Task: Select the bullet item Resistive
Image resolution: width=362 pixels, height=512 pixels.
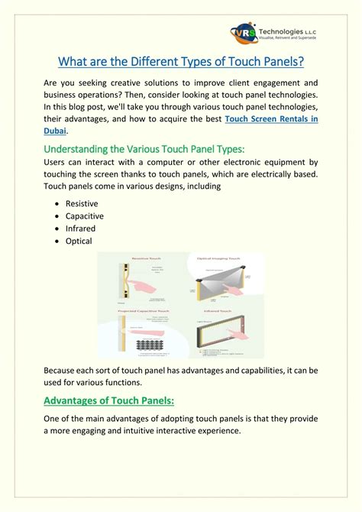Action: pyautogui.click(x=82, y=203)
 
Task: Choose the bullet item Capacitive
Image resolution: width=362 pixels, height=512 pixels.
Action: pyautogui.click(x=85, y=216)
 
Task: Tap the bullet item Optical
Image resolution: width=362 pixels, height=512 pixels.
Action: pyautogui.click(x=79, y=241)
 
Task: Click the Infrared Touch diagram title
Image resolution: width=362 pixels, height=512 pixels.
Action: pyautogui.click(x=216, y=312)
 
